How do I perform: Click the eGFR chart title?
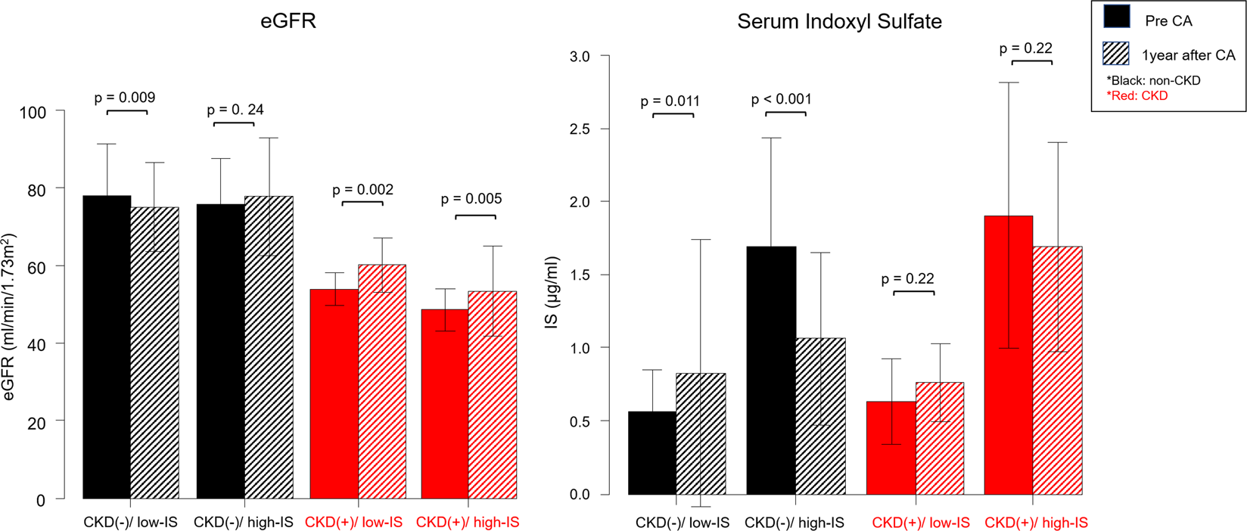pos(288,21)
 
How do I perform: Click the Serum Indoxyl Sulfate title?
pos(839,21)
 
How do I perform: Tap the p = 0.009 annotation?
pos(125,98)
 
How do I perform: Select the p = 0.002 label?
pos(362,190)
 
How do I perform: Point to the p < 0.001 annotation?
pos(781,100)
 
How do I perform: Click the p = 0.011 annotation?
pos(670,101)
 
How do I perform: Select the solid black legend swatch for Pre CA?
pos(1117,17)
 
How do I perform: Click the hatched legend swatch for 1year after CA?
pos(1117,53)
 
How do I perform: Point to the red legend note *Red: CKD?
pos(1137,96)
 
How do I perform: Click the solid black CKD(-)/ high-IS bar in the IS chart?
pos(771,371)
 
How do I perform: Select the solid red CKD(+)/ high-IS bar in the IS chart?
pos(1008,356)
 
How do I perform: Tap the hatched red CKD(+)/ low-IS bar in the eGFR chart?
pos(382,382)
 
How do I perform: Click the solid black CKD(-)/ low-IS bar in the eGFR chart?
pos(107,348)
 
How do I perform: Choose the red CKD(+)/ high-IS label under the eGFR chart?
pos(468,523)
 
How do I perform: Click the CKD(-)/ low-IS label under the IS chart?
pos(682,523)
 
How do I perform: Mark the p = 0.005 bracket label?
pos(471,199)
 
